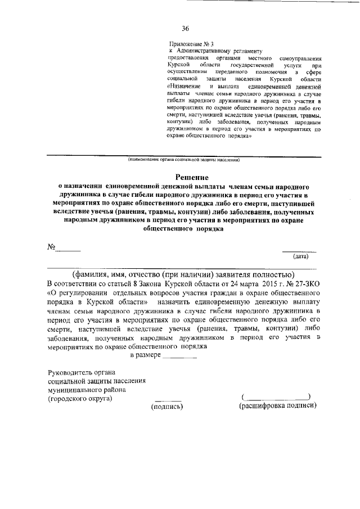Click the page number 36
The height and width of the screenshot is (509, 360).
pos(185,29)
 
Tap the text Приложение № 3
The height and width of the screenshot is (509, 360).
pos(192,44)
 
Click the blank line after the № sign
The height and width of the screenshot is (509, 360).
pos(68,250)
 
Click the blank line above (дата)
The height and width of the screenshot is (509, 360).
pos(299,250)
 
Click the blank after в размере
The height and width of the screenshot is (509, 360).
pos(179,357)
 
